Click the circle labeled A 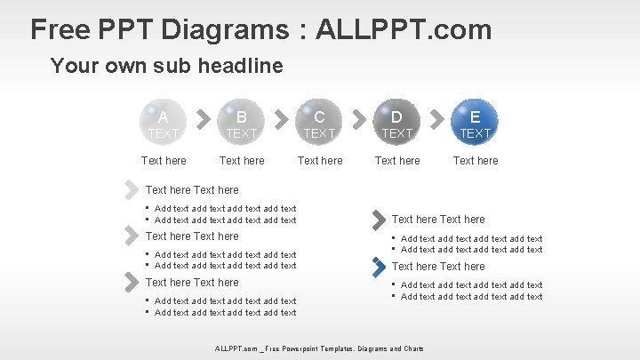pyautogui.click(x=164, y=122)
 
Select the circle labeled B pyautogui.click(x=241, y=122)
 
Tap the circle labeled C pyautogui.click(x=319, y=122)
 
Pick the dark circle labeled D pyautogui.click(x=396, y=122)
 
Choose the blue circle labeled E pyautogui.click(x=475, y=122)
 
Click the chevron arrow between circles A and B pyautogui.click(x=203, y=117)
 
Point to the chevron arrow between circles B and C pyautogui.click(x=280, y=117)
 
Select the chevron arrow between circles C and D pyautogui.click(x=358, y=117)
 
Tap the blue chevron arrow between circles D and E pyautogui.click(x=436, y=117)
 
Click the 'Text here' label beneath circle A pyautogui.click(x=164, y=161)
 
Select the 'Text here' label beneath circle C pyautogui.click(x=319, y=161)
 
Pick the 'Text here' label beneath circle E pyautogui.click(x=475, y=161)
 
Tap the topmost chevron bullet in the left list pyautogui.click(x=132, y=188)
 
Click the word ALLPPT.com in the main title pyautogui.click(x=399, y=29)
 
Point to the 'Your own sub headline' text pyautogui.click(x=167, y=66)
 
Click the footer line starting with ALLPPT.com pyautogui.click(x=319, y=348)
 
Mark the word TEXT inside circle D pyautogui.click(x=396, y=133)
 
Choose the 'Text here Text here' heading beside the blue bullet pyautogui.click(x=438, y=266)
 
